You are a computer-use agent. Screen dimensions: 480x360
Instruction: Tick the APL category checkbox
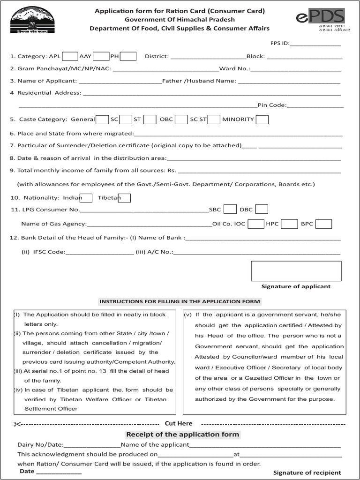(x=70, y=56)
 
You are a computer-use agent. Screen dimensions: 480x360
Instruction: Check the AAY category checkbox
(x=101, y=56)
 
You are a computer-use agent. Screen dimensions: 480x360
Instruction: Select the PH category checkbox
(x=128, y=56)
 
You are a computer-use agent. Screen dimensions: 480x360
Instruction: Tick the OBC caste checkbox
(x=181, y=120)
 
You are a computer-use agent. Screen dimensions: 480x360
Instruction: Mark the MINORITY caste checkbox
(x=262, y=120)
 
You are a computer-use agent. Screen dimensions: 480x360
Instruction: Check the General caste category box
(x=102, y=120)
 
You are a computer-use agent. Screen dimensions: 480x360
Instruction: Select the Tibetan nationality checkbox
(x=124, y=198)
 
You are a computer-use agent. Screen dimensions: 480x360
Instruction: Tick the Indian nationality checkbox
(x=86, y=198)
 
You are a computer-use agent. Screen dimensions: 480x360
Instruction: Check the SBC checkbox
(x=230, y=209)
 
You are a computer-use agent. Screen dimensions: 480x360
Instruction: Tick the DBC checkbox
(x=262, y=209)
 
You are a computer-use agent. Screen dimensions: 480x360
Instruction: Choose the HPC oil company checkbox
(x=289, y=224)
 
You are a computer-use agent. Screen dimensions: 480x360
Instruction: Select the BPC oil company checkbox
(x=323, y=224)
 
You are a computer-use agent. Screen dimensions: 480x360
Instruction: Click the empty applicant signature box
(x=296, y=271)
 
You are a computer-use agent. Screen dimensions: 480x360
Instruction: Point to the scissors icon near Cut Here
(x=17, y=424)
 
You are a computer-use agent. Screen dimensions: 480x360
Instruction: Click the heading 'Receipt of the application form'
(x=182, y=435)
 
